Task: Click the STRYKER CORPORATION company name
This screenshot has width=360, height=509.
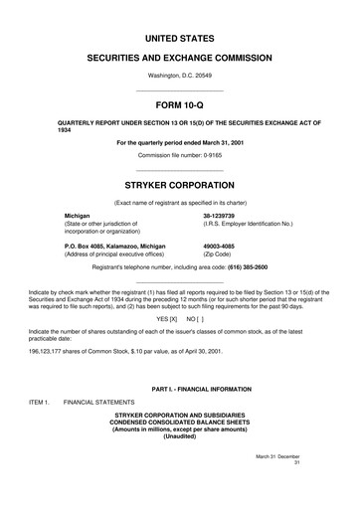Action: [180, 185]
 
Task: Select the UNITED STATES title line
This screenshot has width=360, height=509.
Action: [180, 38]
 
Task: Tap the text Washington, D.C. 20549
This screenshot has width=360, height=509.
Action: [180, 76]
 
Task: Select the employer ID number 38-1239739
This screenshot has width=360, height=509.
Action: [218, 215]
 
